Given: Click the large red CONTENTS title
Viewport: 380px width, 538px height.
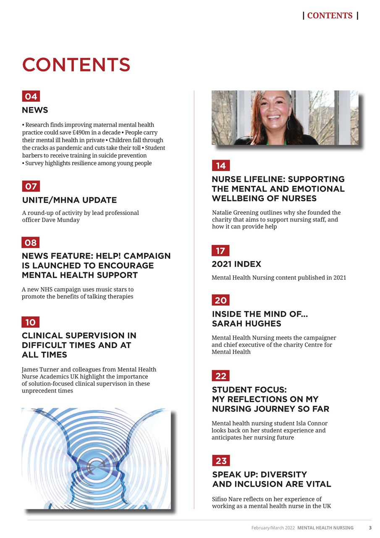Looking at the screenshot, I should pos(76,65).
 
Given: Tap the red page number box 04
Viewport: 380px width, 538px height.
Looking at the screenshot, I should pos(31,96).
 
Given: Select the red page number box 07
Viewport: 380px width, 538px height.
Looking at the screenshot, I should pos(31,186).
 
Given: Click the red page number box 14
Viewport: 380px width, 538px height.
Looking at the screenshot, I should pos(221,166).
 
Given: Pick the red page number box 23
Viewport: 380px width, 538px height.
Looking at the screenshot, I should pos(221,461).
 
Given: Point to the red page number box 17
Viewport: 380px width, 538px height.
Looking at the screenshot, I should pos(220,251).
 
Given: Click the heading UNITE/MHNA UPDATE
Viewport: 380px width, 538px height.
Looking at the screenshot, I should pos(69,200).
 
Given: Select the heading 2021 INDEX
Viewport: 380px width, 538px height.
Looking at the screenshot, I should pos(236,264).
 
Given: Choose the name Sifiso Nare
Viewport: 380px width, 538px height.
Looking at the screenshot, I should pos(230,499).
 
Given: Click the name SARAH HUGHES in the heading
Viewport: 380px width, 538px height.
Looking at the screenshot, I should pos(246,324).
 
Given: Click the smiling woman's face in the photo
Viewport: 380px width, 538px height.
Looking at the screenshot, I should pos(273,112).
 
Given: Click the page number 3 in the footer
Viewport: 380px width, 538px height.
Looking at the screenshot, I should pos(370,527).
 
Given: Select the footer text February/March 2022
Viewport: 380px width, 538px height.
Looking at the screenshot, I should pos(273,527).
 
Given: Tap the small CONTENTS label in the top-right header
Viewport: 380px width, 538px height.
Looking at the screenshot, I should pos(330,16).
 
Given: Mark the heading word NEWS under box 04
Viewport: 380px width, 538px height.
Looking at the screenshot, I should pos(35,110).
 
